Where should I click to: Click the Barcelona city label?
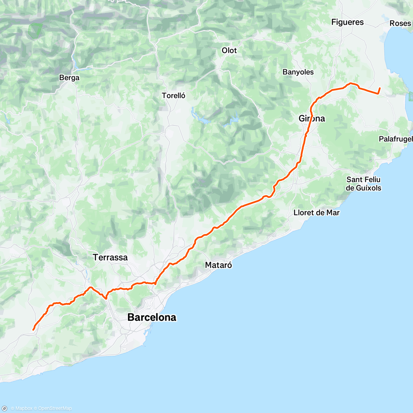pyautogui.click(x=152, y=317)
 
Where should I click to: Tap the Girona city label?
pyautogui.click(x=312, y=118)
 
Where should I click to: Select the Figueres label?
pyautogui.click(x=347, y=22)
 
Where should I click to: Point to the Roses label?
pyautogui.click(x=400, y=23)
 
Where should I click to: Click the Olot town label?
pyautogui.click(x=229, y=50)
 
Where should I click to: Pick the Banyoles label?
pyautogui.click(x=298, y=72)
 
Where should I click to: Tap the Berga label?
pyautogui.click(x=69, y=78)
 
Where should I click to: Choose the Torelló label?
pyautogui.click(x=174, y=96)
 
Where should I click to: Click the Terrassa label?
pyautogui.click(x=110, y=257)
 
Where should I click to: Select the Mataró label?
pyautogui.click(x=219, y=265)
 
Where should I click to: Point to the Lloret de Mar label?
pyautogui.click(x=317, y=213)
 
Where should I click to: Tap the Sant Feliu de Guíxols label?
pyautogui.click(x=363, y=184)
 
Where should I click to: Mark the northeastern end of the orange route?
pyautogui.click(x=380, y=88)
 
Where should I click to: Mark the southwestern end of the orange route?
pyautogui.click(x=33, y=330)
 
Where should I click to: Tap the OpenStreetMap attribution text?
pyautogui.click(x=55, y=409)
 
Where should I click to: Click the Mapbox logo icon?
pyautogui.click(x=5, y=409)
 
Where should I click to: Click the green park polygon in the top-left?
pyautogui.click(x=35, y=30)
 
